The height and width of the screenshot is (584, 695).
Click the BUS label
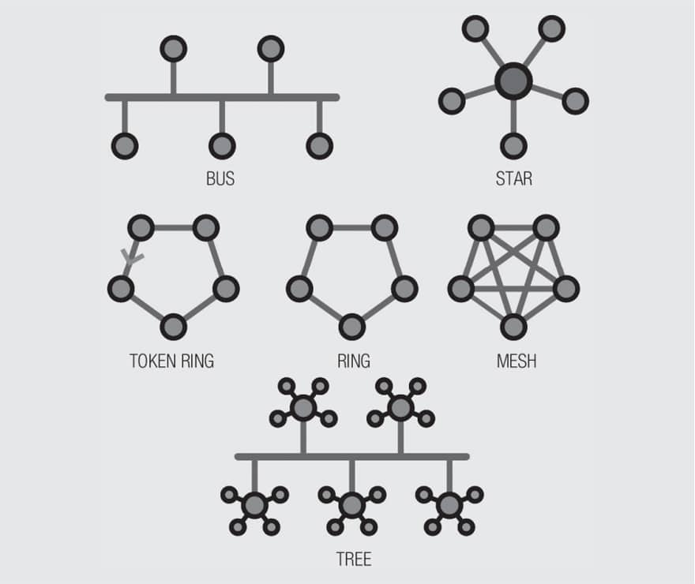point(220,178)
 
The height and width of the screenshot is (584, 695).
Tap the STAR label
point(513,178)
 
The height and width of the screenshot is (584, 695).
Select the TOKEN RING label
point(171,361)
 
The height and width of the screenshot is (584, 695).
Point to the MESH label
point(517,361)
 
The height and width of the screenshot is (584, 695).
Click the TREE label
point(353,560)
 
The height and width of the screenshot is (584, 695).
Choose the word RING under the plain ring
point(353,361)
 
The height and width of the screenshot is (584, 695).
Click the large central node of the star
point(513,80)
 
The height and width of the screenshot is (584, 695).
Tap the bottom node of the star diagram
point(513,145)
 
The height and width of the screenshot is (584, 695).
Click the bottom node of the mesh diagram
point(513,326)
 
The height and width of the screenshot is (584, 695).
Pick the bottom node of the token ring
point(173,326)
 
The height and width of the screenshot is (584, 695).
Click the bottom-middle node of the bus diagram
point(222,145)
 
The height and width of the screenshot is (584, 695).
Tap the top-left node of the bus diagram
point(173,49)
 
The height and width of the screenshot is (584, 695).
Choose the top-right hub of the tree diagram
point(400,408)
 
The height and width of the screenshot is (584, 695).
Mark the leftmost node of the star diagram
point(452,101)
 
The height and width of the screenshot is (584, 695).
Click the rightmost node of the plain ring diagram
point(404,288)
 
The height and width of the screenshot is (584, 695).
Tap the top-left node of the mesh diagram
point(481,228)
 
